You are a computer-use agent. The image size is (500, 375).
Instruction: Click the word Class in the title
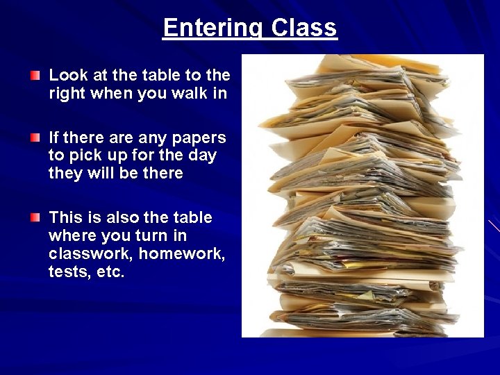point(304,28)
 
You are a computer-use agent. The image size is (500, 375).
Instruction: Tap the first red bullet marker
point(35,74)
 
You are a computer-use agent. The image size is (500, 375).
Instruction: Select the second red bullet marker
point(35,138)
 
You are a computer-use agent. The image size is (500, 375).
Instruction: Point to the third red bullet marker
point(35,218)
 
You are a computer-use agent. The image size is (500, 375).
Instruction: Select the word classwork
point(90,254)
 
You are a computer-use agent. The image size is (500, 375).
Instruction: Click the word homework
point(182,254)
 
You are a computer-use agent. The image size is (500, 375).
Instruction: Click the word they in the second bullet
point(67,174)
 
